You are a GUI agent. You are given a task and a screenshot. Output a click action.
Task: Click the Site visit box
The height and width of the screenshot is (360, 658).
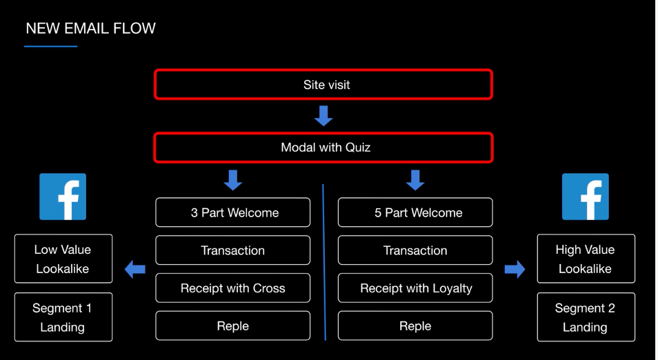click(x=323, y=85)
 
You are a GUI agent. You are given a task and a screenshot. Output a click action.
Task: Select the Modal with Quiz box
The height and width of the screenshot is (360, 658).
click(x=323, y=148)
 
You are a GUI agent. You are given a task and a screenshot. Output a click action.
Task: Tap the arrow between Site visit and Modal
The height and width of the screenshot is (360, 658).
click(x=323, y=116)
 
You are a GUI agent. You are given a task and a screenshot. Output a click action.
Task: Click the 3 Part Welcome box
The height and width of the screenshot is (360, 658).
click(x=233, y=212)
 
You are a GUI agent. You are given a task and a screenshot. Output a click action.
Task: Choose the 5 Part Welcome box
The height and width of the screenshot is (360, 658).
click(x=415, y=212)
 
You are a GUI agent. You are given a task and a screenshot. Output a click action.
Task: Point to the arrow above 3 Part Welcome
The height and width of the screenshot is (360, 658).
click(x=233, y=180)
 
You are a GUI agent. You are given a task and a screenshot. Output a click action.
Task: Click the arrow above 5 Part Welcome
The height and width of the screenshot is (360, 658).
click(x=415, y=180)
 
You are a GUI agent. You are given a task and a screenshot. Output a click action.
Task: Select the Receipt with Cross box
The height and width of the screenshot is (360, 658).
click(x=233, y=288)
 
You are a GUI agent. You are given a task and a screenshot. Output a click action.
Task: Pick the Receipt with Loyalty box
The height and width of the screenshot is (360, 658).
click(x=415, y=288)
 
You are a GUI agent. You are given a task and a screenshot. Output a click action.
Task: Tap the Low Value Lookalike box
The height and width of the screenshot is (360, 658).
click(x=63, y=259)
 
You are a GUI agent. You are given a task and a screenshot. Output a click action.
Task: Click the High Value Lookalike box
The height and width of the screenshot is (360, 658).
click(x=586, y=259)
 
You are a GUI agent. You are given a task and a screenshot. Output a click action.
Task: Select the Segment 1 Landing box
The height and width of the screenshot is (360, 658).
click(x=63, y=317)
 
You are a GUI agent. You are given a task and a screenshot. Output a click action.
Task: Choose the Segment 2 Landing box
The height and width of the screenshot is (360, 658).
click(x=586, y=317)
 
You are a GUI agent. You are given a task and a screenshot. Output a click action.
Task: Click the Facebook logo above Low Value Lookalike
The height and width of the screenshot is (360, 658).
click(x=63, y=197)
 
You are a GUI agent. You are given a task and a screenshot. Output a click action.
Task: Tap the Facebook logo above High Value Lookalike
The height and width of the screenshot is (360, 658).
click(x=586, y=197)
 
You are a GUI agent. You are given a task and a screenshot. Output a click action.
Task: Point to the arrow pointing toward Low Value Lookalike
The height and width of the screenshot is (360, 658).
click(x=135, y=269)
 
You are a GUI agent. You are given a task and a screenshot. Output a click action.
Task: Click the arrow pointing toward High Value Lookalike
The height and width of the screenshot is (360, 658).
click(x=515, y=269)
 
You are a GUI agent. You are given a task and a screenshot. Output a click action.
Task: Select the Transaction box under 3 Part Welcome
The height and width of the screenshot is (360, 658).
click(x=233, y=250)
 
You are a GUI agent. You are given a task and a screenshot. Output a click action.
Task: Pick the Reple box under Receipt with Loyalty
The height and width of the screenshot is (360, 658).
click(x=415, y=326)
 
